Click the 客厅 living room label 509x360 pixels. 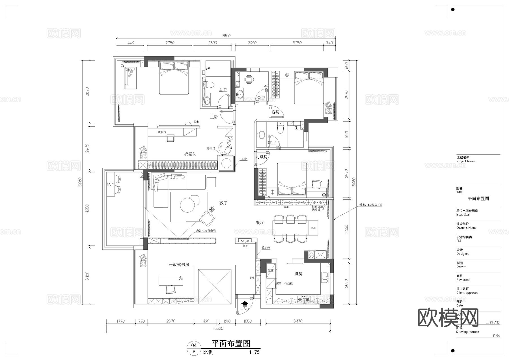(223, 203)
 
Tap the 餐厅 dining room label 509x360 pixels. (260, 223)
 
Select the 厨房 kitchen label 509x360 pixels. (298, 273)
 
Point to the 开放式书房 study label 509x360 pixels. (179, 265)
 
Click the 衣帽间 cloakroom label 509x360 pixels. (190, 154)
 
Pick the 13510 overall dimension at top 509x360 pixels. (226, 36)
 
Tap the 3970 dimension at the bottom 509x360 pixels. (298, 321)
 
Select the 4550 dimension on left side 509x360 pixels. (87, 208)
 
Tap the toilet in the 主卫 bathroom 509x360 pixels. (210, 85)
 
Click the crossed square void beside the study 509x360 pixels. (215, 286)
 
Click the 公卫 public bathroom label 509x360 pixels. (261, 98)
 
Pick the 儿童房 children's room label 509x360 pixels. (262, 156)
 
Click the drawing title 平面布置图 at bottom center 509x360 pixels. (231, 343)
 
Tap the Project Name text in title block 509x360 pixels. (466, 161)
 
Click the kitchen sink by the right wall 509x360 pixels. (325, 277)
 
